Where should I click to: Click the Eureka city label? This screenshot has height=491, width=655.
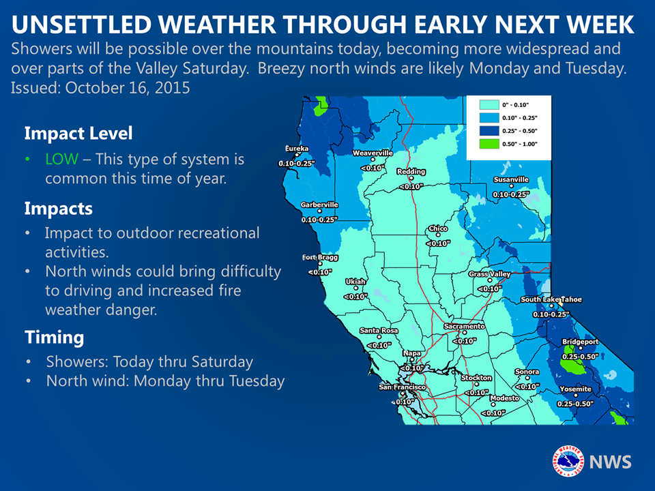pyautogui.click(x=297, y=149)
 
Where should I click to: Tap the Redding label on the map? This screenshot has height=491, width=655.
pyautogui.click(x=411, y=172)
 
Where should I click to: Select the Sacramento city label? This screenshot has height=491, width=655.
pyautogui.click(x=464, y=326)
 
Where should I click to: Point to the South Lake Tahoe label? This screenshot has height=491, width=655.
pyautogui.click(x=551, y=299)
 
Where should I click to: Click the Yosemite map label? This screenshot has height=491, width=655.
pyautogui.click(x=576, y=389)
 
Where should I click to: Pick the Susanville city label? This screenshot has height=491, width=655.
pyautogui.click(x=511, y=179)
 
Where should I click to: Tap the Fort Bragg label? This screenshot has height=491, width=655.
pyautogui.click(x=320, y=258)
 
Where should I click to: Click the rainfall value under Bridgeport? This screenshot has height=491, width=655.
pyautogui.click(x=580, y=357)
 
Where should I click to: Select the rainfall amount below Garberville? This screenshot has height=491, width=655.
pyautogui.click(x=319, y=220)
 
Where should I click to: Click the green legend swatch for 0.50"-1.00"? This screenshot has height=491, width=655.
pyautogui.click(x=489, y=144)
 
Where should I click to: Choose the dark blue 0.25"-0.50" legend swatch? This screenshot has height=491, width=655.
pyautogui.click(x=489, y=131)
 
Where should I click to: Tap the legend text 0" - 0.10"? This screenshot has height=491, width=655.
pyautogui.click(x=516, y=105)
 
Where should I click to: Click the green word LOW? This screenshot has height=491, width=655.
pyautogui.click(x=62, y=159)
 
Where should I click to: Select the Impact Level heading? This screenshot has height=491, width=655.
pyautogui.click(x=78, y=134)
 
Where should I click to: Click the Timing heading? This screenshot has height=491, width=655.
pyautogui.click(x=55, y=338)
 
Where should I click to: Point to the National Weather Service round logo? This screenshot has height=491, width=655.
pyautogui.click(x=568, y=461)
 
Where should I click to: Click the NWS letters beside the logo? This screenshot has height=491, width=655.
pyautogui.click(x=610, y=462)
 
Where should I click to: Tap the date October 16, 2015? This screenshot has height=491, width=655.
pyautogui.click(x=128, y=88)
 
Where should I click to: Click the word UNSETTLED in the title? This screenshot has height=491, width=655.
pyautogui.click(x=81, y=25)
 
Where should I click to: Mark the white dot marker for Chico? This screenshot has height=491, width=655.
pyautogui.click(x=438, y=235)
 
